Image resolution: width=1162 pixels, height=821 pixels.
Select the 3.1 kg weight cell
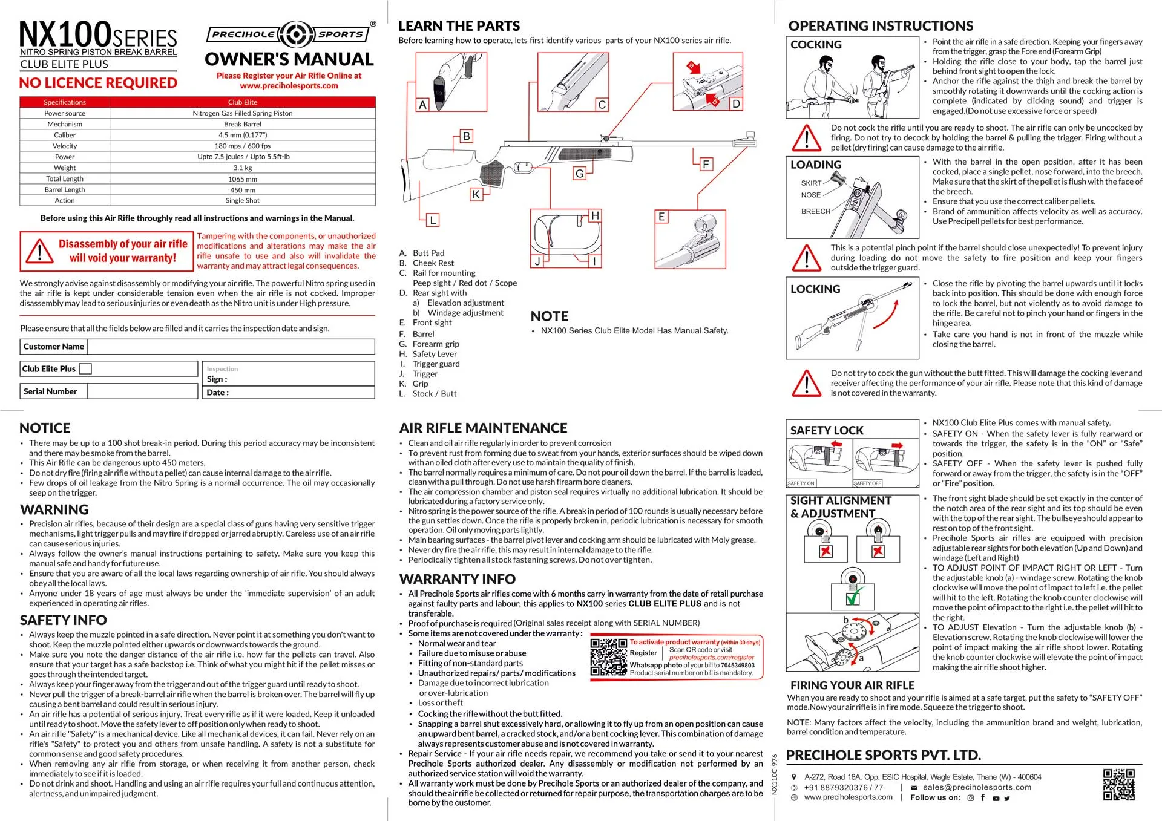[242, 168]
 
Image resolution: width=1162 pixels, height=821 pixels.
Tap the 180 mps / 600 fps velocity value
[242, 146]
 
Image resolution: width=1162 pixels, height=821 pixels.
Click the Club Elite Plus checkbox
[85, 369]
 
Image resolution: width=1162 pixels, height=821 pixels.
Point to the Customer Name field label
[54, 347]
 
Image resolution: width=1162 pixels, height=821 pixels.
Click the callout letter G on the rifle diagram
[579, 174]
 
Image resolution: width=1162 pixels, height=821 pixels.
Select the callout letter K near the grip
[476, 194]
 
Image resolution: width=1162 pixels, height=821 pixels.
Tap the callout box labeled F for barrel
[706, 164]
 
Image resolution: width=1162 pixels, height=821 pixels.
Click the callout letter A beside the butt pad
[422, 105]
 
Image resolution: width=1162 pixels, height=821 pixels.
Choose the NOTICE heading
[45, 428]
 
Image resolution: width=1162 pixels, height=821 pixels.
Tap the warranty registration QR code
[608, 657]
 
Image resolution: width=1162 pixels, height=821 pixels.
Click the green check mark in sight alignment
[853, 598]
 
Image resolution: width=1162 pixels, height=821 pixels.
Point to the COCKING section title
[816, 45]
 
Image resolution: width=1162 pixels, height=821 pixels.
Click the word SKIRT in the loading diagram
[811, 183]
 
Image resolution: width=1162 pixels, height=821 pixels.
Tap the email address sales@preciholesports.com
[977, 787]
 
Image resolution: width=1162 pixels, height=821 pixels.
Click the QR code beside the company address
[1118, 785]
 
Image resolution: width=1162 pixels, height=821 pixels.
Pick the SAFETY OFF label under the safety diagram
[867, 483]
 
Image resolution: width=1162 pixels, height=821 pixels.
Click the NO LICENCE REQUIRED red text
[98, 83]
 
